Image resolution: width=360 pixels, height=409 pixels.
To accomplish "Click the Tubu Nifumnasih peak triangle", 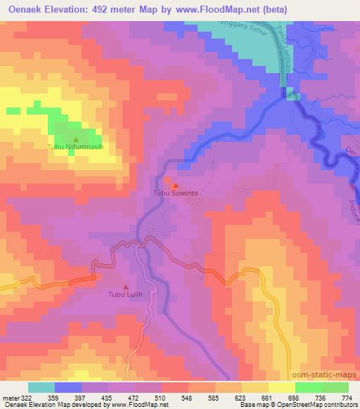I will click(76, 139).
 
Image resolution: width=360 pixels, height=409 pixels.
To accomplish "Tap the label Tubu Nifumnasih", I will click(75, 148).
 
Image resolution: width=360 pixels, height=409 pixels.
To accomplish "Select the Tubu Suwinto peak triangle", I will click(175, 185).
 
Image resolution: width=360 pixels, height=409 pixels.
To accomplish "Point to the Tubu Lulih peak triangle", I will click(126, 286).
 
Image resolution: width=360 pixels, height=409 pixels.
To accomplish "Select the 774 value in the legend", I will click(347, 397).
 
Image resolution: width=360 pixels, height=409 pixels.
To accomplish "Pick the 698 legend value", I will click(295, 397).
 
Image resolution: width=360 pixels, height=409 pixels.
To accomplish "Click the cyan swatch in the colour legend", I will click(41, 387).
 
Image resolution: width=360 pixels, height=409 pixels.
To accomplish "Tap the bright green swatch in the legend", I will click(309, 387).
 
